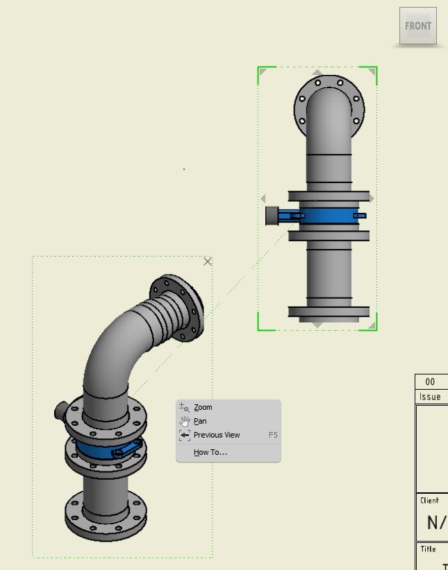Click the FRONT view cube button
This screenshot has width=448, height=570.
coord(418,26)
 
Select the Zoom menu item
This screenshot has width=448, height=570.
coord(203,407)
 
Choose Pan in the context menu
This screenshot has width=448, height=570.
coord(200,421)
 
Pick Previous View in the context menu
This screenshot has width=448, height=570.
coord(217,435)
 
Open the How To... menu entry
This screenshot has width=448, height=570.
coord(210,452)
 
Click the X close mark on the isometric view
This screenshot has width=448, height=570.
coord(207,261)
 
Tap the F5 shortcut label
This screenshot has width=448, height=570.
coord(273,435)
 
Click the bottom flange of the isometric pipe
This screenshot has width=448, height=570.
coord(106,512)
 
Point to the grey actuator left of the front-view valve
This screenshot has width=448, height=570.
coord(272,216)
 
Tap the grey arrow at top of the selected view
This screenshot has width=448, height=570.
coord(317,72)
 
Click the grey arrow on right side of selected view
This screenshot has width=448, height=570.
coord(371,199)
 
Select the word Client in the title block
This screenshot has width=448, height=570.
coord(429,499)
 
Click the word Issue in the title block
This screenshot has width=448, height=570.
coord(430,397)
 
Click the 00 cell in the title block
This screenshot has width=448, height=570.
coord(430,382)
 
